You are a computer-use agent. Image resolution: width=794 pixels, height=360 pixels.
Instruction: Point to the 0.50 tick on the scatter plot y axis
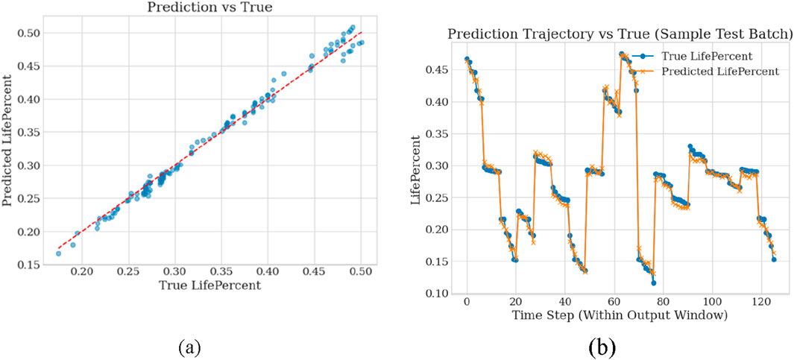tap(31, 33)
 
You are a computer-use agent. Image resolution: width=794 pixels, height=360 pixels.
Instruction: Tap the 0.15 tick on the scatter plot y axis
tap(31, 264)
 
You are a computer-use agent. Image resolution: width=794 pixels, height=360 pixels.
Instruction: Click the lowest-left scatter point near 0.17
tap(58, 253)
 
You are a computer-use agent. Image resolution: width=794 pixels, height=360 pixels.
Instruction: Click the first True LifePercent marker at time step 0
tap(467, 59)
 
